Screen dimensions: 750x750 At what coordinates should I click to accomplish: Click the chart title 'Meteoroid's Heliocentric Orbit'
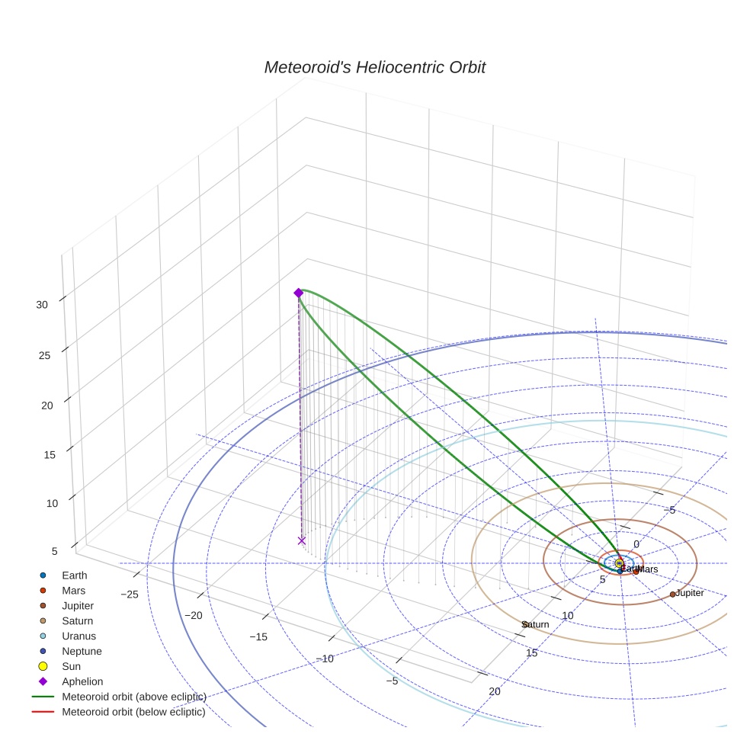coord(374,67)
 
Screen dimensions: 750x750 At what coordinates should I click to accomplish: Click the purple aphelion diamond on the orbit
coord(298,293)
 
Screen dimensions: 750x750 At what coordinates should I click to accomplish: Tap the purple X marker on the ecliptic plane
coord(302,540)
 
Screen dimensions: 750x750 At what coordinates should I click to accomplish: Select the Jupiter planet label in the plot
coord(689,593)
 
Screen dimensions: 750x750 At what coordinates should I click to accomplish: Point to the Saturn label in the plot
coord(536,625)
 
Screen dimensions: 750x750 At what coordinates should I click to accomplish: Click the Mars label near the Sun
coord(648,569)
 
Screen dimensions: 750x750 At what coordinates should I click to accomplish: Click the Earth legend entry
coord(74,575)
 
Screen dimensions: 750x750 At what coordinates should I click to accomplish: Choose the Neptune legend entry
coord(82,652)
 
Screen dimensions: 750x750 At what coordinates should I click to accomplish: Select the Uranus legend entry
coord(79,636)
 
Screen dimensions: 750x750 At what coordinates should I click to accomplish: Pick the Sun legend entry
coord(71,667)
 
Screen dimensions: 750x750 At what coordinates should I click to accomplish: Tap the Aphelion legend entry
coord(82,682)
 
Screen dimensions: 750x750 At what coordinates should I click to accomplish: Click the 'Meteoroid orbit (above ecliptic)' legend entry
coord(133,697)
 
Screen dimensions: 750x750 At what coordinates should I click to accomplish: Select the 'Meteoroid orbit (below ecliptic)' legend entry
coord(133,713)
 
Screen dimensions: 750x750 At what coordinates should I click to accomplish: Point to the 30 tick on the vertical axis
coord(41,304)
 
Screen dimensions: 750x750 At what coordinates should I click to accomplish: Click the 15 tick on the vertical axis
coord(50,455)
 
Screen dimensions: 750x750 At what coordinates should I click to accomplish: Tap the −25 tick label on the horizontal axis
coord(129,595)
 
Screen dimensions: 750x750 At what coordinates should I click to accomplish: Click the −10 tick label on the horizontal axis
coord(325,659)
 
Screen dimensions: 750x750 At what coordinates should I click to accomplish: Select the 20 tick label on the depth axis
coord(495,691)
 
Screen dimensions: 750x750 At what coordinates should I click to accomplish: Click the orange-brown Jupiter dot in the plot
coord(672,594)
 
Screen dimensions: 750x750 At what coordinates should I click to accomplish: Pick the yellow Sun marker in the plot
coord(619,563)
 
